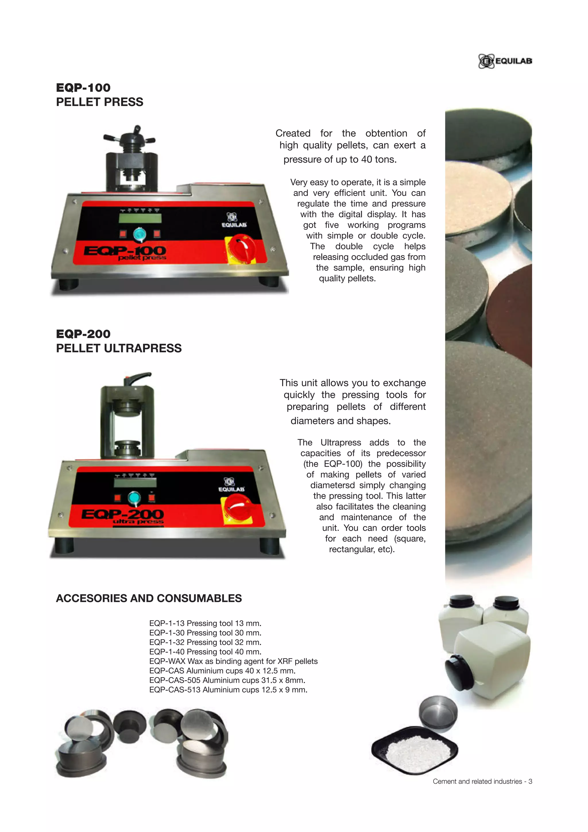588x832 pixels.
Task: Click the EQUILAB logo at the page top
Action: click(x=505, y=61)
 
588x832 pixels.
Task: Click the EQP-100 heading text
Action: click(x=83, y=88)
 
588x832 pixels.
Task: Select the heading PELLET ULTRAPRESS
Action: click(x=119, y=348)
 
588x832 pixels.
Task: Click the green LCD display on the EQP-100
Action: click(x=140, y=219)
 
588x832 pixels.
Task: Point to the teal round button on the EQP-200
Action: click(x=134, y=499)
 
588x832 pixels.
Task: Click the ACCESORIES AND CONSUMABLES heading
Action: click(x=149, y=598)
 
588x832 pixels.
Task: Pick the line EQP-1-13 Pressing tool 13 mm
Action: click(x=205, y=623)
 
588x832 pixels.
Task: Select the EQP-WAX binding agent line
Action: click(x=233, y=661)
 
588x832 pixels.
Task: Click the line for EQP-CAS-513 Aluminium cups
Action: click(x=228, y=690)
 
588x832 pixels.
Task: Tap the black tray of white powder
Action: click(x=415, y=750)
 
